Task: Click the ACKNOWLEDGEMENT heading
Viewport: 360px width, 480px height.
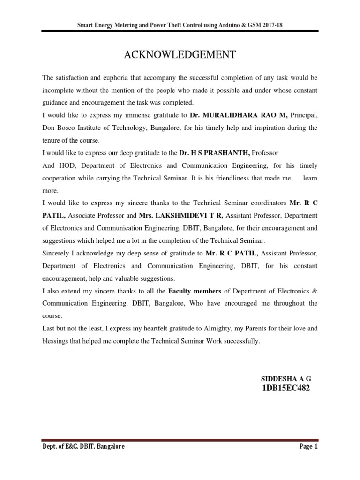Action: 180,55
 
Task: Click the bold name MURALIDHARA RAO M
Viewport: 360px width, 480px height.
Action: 239,115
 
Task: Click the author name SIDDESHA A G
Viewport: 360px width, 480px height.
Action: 285,378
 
